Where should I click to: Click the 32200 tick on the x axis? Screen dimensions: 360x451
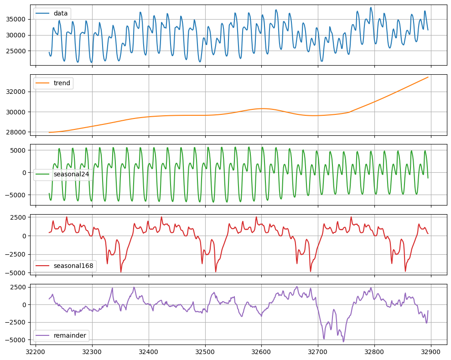click(x=36, y=352)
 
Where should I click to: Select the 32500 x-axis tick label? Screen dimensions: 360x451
click(x=205, y=352)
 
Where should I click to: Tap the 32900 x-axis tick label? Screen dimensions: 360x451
click(x=431, y=352)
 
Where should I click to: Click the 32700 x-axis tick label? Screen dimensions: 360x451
click(x=318, y=352)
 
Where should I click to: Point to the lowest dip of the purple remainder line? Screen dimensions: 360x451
click(x=343, y=341)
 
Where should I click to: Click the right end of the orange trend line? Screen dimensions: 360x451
click(x=428, y=77)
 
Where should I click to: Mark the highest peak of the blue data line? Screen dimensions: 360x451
click(x=371, y=7)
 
